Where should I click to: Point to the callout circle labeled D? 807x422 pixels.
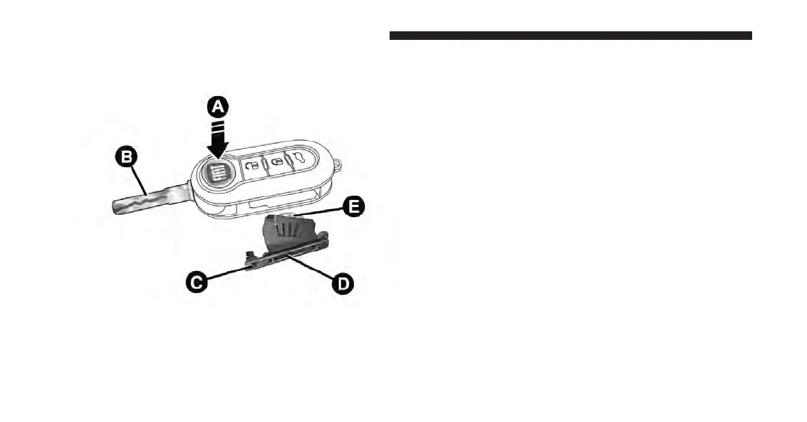(x=343, y=284)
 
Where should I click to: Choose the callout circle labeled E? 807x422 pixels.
(x=352, y=206)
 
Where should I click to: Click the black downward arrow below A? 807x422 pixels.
(x=218, y=139)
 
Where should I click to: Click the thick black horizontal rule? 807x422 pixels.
(x=571, y=35)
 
